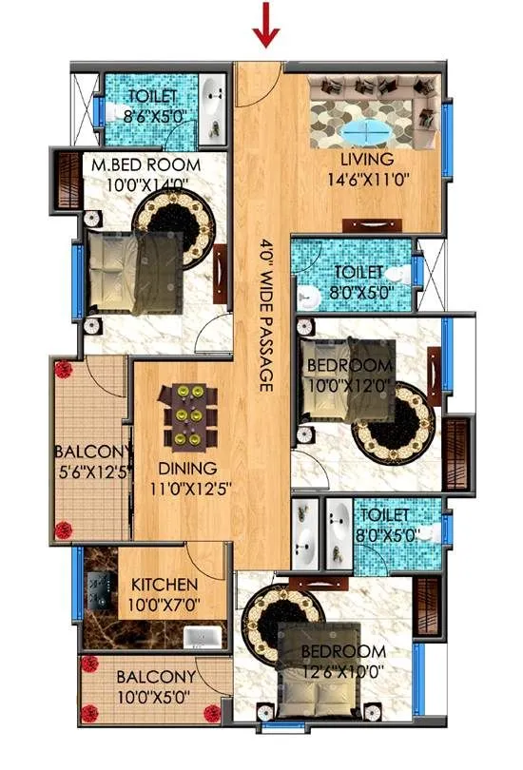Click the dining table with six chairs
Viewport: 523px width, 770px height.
coord(183,415)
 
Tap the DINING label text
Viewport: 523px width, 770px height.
coord(187,468)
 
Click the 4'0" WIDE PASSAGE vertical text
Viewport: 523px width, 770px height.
coord(265,314)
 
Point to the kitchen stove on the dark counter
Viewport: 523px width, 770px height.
coord(99,589)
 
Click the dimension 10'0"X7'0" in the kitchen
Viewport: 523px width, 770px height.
coord(165,603)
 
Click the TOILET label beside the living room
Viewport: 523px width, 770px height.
coord(354,274)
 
